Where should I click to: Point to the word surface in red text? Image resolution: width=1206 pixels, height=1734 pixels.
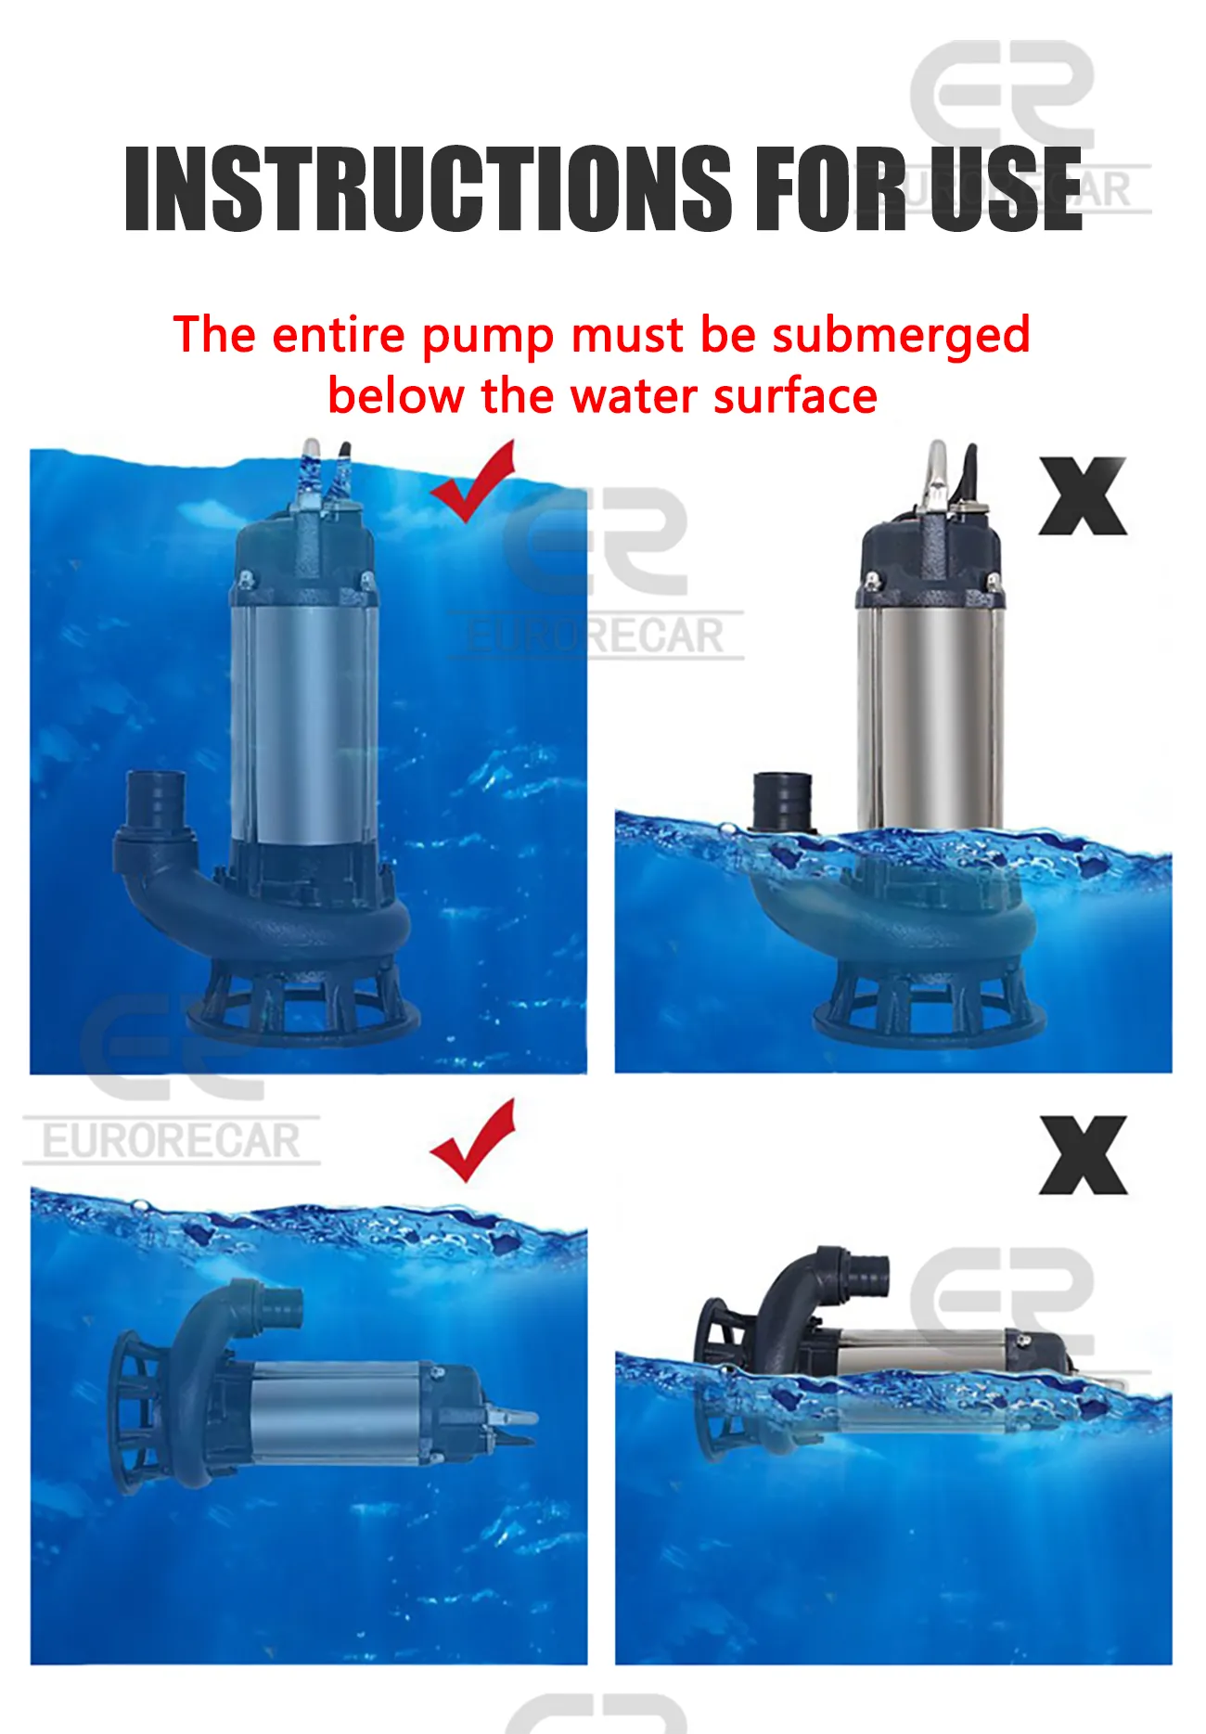click(795, 396)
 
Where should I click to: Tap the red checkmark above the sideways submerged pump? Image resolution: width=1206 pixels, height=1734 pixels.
click(473, 1141)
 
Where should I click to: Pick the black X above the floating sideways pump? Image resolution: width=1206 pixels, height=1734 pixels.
click(1082, 1155)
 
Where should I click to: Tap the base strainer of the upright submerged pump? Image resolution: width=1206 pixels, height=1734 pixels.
click(301, 1007)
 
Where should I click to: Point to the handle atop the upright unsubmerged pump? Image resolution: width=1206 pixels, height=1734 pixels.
click(937, 473)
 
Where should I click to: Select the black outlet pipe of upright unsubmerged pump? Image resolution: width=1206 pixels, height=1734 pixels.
click(782, 801)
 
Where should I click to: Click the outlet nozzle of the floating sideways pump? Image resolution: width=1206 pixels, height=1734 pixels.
click(867, 1273)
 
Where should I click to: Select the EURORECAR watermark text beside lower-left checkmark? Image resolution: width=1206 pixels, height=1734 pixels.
click(172, 1141)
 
